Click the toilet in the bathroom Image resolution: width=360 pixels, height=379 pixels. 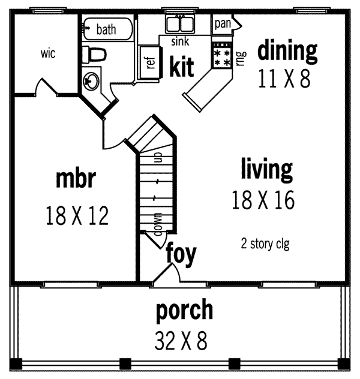click(x=95, y=54)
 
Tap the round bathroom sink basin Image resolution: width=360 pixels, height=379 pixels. click(x=91, y=80)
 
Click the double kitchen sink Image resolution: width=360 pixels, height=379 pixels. click(x=180, y=25)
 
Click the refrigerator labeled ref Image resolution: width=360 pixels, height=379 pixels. click(x=149, y=62)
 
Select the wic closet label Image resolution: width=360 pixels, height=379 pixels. click(x=49, y=54)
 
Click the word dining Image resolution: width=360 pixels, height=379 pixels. click(x=287, y=52)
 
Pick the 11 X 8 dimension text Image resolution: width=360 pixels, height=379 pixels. click(x=284, y=78)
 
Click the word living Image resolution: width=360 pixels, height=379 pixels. click(x=266, y=169)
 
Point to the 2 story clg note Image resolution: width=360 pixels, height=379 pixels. click(x=265, y=243)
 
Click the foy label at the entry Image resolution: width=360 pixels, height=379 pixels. click(x=181, y=254)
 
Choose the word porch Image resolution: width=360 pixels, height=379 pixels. click(x=184, y=310)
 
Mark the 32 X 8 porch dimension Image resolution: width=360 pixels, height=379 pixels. click(x=181, y=341)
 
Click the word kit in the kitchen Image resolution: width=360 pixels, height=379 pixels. click(x=181, y=67)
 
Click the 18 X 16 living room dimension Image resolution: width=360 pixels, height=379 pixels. click(x=263, y=200)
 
